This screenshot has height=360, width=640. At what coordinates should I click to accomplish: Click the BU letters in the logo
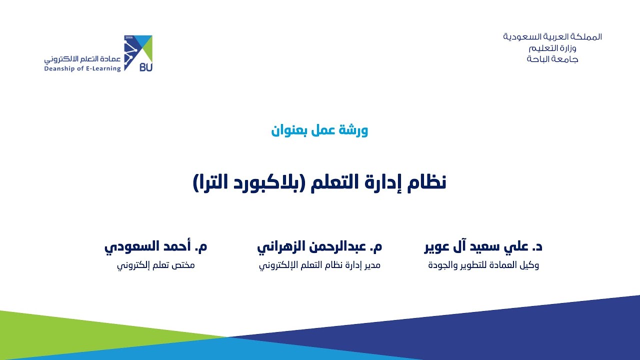pos(145,67)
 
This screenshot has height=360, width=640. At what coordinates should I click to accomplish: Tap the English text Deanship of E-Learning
pos(82,69)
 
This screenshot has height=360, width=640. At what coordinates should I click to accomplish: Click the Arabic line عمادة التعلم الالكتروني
pos(82,58)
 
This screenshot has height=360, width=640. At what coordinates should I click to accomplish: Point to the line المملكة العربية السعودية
pos(552,37)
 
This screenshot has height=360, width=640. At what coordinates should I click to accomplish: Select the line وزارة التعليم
pos(552,48)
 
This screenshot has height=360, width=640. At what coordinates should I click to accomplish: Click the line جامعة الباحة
pos(552,59)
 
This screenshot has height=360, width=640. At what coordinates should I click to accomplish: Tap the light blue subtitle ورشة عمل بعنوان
pos(319,130)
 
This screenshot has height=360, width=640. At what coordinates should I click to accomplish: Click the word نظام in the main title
pos(427,182)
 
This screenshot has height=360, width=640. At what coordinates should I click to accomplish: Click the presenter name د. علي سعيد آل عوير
pos(483,246)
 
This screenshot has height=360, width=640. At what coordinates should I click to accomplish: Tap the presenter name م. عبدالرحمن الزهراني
pos(319,246)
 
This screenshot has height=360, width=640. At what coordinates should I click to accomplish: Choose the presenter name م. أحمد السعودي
pos(155,246)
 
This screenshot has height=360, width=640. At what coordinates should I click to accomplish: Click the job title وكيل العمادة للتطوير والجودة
pos(483,265)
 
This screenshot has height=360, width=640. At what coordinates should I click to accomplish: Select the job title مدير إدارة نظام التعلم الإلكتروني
pos(319,265)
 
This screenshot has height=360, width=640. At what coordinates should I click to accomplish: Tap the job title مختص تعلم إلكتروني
pos(155,265)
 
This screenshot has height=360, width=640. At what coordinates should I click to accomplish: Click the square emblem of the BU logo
pos(138,53)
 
